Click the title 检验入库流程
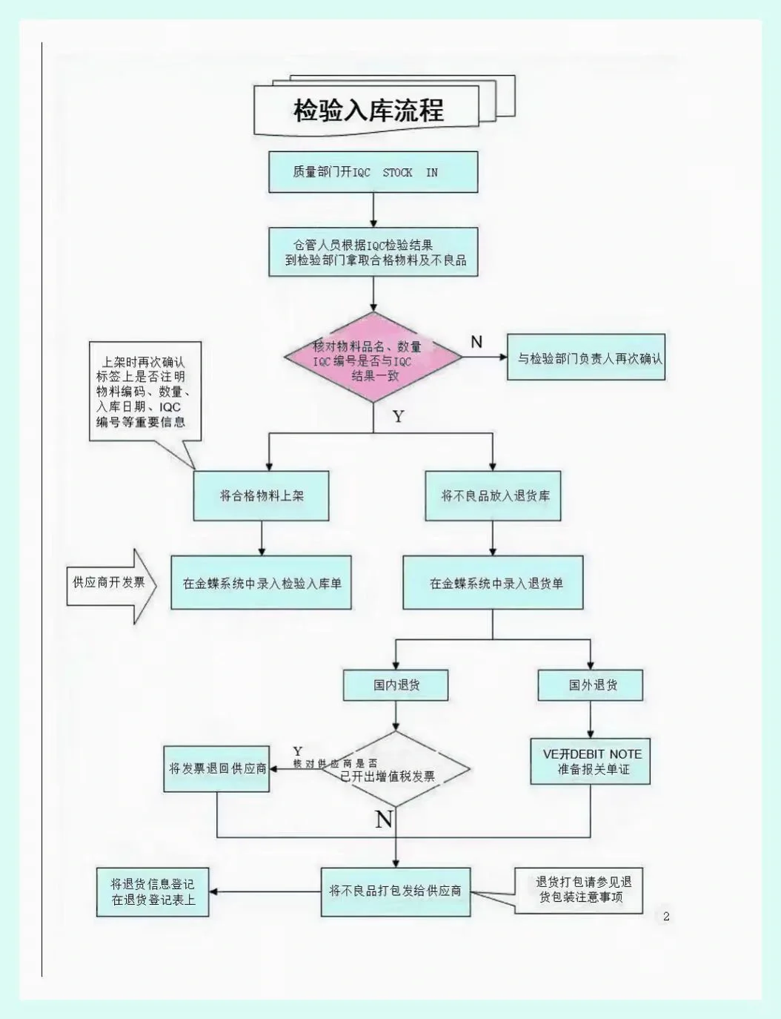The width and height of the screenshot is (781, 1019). tap(368, 110)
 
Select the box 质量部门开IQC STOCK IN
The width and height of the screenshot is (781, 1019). tap(373, 172)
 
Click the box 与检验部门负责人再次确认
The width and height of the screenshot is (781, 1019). tap(585, 358)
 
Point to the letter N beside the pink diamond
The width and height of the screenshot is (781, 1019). tap(476, 342)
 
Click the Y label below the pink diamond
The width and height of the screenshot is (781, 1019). tap(399, 416)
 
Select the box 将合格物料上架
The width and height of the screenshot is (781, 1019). tap(261, 495)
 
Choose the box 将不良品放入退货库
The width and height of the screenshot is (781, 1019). tap(493, 495)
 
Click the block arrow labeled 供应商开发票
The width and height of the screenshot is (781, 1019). tap(110, 584)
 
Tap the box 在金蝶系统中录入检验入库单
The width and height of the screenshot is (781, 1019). tap(261, 583)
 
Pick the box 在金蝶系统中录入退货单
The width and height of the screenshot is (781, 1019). tap(493, 583)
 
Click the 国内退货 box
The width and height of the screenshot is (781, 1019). tap(395, 685)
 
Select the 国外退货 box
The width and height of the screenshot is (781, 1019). tap(591, 685)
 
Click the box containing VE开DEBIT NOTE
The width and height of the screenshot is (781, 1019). tap(591, 761)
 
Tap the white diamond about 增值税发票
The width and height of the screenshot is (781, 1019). tap(396, 769)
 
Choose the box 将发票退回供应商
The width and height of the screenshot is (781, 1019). tap(216, 769)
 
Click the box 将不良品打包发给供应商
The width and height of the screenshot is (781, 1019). tap(395, 891)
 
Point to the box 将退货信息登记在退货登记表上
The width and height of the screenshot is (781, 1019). tap(152, 892)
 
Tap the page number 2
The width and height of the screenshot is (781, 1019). tap(665, 917)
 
